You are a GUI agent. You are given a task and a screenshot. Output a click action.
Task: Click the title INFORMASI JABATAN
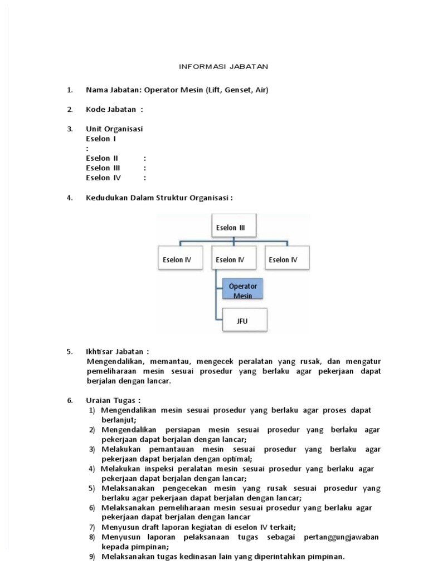coord(223,66)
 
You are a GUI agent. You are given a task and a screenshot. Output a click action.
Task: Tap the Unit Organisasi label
coord(114,129)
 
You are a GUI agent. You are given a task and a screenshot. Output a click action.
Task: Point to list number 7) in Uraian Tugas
coord(92,527)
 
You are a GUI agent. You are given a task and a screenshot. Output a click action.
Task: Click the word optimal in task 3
coord(237,459)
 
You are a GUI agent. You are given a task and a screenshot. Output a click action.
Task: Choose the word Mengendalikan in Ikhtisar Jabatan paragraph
coord(115,361)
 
